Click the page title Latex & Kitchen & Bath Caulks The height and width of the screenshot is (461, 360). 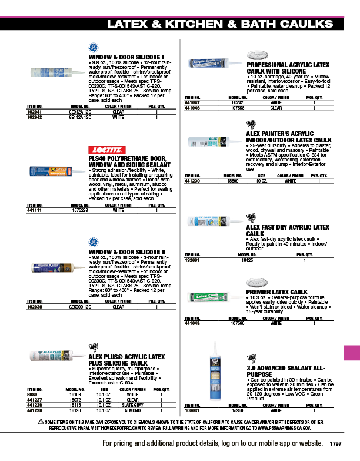[x=220, y=24]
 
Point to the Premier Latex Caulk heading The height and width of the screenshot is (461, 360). [x=276, y=292]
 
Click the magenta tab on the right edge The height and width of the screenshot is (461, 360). [x=351, y=353]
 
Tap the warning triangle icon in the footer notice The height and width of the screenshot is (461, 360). [x=41, y=423]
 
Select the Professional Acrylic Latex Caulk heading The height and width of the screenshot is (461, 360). [x=288, y=68]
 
